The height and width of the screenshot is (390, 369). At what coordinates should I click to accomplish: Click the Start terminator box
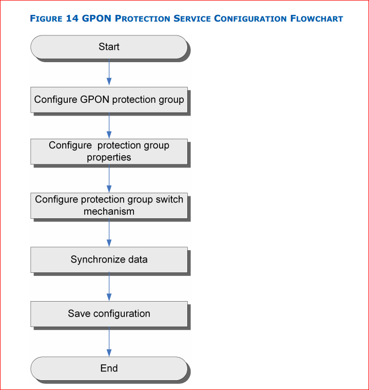pyautogui.click(x=109, y=47)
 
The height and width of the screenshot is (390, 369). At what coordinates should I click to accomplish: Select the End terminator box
pyautogui.click(x=109, y=368)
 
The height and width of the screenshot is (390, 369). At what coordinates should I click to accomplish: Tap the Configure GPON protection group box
pyautogui.click(x=109, y=100)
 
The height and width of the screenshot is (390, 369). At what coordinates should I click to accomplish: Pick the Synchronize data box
pyautogui.click(x=109, y=259)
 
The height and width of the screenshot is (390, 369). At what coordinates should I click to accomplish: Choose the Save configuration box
pyautogui.click(x=109, y=314)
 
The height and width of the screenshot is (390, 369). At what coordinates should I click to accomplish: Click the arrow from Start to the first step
pyautogui.click(x=109, y=72)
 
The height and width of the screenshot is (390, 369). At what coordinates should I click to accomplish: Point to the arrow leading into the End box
pyautogui.click(x=109, y=342)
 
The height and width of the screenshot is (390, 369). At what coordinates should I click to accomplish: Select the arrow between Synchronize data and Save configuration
pyautogui.click(x=109, y=287)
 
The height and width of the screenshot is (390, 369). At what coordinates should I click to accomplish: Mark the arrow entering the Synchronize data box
pyautogui.click(x=109, y=233)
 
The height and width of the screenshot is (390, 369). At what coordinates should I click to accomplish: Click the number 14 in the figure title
pyautogui.click(x=72, y=18)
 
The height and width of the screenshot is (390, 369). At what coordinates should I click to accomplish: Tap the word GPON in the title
pyautogui.click(x=96, y=18)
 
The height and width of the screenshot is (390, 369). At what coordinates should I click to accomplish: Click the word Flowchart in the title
pyautogui.click(x=317, y=18)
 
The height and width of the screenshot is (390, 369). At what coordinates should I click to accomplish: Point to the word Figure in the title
pyautogui.click(x=46, y=18)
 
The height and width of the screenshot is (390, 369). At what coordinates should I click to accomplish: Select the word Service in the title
pyautogui.click(x=192, y=18)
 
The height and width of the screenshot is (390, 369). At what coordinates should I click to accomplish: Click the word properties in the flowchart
pyautogui.click(x=109, y=158)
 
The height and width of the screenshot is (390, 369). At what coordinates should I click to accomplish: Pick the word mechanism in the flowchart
pyautogui.click(x=109, y=211)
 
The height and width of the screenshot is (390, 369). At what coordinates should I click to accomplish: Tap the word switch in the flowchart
pyautogui.click(x=169, y=199)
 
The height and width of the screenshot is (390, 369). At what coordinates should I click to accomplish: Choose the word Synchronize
pyautogui.click(x=98, y=259)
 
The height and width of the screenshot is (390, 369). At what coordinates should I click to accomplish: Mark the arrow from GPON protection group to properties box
pyautogui.click(x=109, y=125)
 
